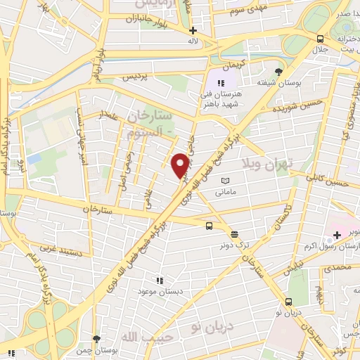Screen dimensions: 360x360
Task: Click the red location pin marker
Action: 181,165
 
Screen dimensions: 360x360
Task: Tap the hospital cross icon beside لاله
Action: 193,31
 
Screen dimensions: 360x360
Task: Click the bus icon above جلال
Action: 321,39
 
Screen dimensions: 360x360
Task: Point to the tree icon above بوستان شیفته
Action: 280,72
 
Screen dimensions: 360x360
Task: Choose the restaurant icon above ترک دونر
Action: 234,235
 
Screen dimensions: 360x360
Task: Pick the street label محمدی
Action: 337,268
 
